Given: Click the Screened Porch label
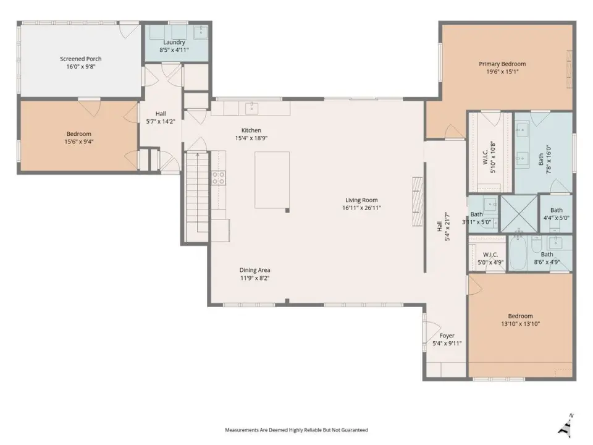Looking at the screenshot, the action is click(x=80, y=59).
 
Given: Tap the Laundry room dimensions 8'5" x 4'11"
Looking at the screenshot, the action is click(x=174, y=50).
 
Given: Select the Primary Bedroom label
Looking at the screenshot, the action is click(x=502, y=64).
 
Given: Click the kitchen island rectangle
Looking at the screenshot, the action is click(x=272, y=180).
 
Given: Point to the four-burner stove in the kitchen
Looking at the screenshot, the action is click(x=218, y=178).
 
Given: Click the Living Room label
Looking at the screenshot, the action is click(x=361, y=200).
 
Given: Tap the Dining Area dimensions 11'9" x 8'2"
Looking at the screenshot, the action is click(x=255, y=278).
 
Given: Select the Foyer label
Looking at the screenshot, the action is click(x=447, y=336).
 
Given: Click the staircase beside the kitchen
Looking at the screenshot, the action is click(x=197, y=196).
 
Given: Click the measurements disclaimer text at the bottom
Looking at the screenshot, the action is click(x=296, y=430).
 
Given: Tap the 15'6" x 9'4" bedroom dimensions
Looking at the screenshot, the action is click(x=78, y=142).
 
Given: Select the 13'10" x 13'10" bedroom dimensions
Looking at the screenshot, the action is click(x=520, y=324).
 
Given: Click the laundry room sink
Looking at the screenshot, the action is click(x=200, y=32).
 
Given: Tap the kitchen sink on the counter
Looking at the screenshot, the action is click(x=251, y=108).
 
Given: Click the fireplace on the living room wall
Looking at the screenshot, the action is click(x=418, y=201).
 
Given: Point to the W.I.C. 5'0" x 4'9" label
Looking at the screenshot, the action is click(x=490, y=258).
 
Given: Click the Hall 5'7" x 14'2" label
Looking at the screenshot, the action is click(x=161, y=117).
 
